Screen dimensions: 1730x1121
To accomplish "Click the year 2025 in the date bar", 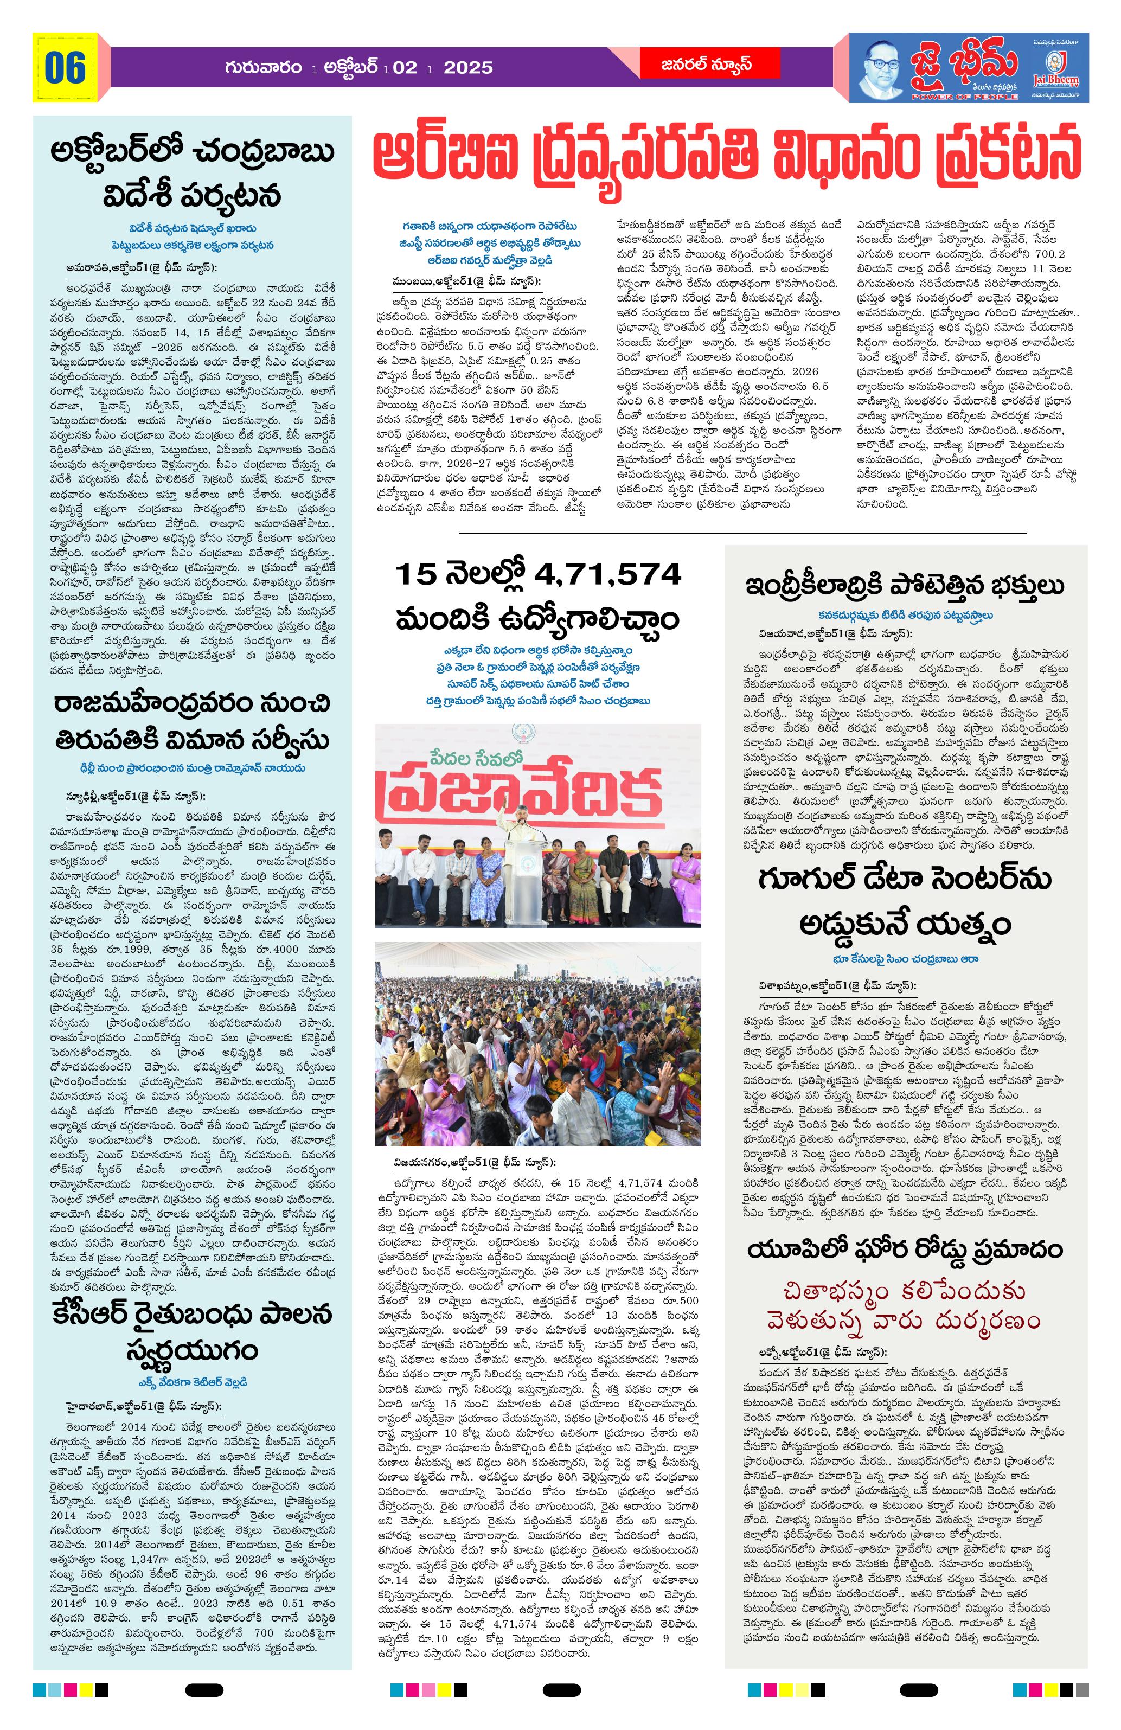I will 467,68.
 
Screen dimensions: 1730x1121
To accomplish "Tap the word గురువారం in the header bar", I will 263,68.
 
